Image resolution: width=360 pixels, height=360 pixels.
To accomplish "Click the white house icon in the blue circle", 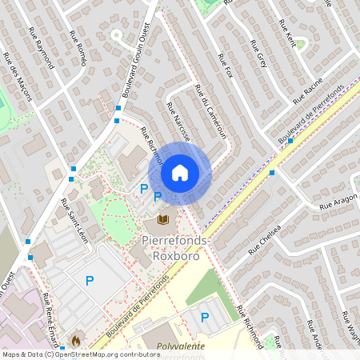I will (180, 173).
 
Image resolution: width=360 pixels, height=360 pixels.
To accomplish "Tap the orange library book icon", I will (163, 219).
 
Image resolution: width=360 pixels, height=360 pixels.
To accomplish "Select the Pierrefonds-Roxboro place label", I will (176, 247).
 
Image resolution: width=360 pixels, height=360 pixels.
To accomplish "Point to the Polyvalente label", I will (181, 346).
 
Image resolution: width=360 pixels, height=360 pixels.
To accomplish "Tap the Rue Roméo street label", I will (78, 46).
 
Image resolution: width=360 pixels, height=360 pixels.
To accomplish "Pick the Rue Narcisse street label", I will (178, 121).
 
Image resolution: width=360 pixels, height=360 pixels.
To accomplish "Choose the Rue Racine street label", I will (307, 90).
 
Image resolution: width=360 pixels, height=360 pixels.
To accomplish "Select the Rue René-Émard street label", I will (50, 311).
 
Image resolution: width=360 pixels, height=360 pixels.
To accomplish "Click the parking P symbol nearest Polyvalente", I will (205, 318).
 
